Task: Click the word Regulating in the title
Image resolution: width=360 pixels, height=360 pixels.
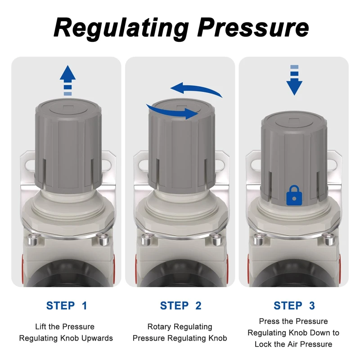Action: (x=121, y=28)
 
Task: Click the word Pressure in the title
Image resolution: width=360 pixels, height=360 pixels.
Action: (x=253, y=27)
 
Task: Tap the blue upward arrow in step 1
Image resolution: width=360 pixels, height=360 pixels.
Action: (x=68, y=80)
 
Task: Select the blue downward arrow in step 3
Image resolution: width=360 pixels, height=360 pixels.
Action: (x=294, y=80)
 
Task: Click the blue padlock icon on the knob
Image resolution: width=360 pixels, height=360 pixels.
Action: (x=294, y=195)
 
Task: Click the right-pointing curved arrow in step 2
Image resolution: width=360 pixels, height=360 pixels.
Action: (x=172, y=112)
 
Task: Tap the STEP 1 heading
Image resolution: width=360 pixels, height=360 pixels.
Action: (x=67, y=306)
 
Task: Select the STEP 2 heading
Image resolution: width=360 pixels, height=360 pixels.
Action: (x=181, y=306)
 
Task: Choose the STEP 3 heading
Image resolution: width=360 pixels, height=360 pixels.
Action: (x=294, y=306)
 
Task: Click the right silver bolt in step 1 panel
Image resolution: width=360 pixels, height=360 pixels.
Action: (x=103, y=240)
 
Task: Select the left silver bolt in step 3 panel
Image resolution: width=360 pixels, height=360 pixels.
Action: (x=258, y=240)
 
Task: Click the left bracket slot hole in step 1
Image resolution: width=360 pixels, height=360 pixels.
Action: (x=30, y=165)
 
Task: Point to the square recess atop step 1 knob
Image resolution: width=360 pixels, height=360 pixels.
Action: (x=68, y=108)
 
